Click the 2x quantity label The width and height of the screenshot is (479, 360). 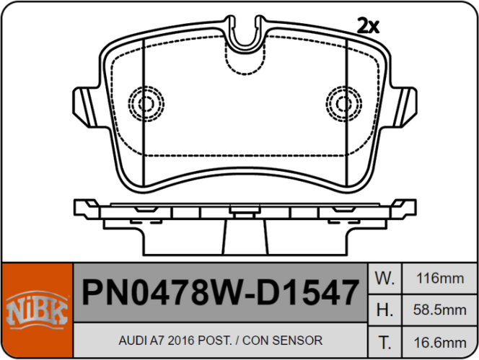(x=368, y=26)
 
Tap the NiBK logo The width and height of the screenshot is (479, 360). (x=37, y=310)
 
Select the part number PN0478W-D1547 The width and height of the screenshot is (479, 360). (x=220, y=293)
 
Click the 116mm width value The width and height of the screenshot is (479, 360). (x=440, y=278)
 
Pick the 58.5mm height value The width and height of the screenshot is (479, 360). (x=440, y=310)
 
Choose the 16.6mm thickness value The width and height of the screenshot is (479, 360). (x=440, y=343)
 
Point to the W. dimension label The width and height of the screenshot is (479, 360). (x=385, y=278)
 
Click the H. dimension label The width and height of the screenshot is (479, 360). (x=385, y=310)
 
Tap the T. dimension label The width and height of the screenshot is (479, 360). (x=385, y=343)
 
